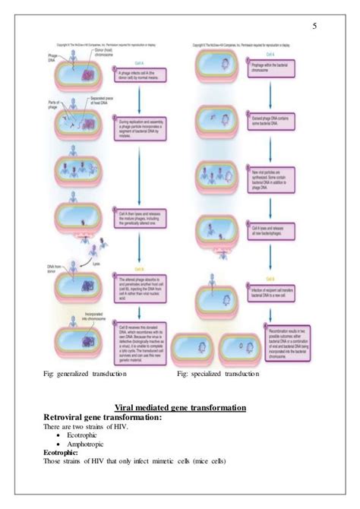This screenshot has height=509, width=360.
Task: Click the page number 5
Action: (314, 28)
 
